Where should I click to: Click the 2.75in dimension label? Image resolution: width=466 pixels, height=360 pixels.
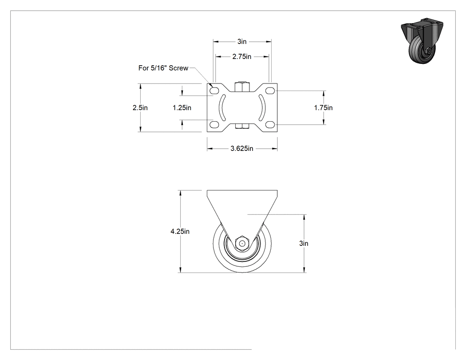click(241, 56)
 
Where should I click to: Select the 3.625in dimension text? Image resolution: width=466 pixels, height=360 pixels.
click(242, 148)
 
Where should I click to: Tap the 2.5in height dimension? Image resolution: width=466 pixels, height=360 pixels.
click(140, 107)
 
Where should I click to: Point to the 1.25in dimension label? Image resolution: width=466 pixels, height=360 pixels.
click(182, 107)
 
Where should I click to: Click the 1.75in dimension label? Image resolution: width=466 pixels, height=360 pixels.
click(324, 107)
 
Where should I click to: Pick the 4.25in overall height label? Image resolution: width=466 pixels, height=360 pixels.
click(180, 231)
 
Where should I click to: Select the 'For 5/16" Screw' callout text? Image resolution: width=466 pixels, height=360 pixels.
click(163, 68)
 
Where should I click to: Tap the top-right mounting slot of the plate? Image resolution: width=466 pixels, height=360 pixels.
click(270, 91)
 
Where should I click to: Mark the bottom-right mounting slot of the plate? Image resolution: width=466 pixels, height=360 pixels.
click(270, 124)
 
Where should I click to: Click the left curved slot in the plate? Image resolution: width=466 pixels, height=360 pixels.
click(221, 107)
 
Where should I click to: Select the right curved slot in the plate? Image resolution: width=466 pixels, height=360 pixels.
click(263, 107)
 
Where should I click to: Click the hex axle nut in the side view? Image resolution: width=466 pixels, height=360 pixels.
click(242, 243)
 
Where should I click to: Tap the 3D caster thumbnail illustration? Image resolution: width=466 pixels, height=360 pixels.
click(422, 40)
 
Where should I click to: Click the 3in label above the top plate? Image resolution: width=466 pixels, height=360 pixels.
click(242, 42)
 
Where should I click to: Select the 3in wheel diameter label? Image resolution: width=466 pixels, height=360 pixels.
click(304, 243)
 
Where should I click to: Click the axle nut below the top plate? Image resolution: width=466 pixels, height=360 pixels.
click(242, 127)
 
